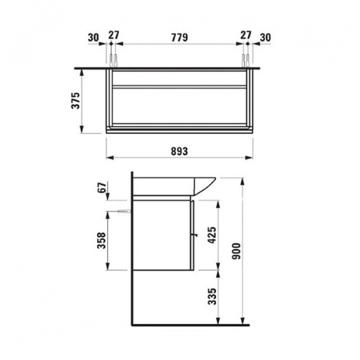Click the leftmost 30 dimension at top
(92, 37)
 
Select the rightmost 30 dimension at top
(266, 37)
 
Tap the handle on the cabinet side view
(193, 234)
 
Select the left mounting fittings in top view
(113, 60)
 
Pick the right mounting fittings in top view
(245, 60)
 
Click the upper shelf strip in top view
(179, 86)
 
